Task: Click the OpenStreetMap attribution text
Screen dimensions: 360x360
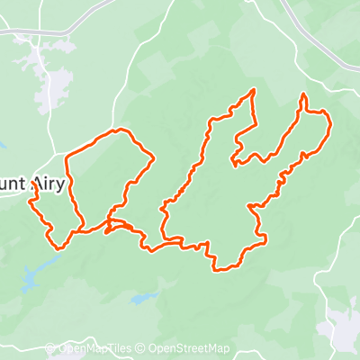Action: pos(189,349)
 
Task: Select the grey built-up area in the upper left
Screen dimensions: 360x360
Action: pos(49,76)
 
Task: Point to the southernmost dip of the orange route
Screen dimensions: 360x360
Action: pos(219,268)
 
